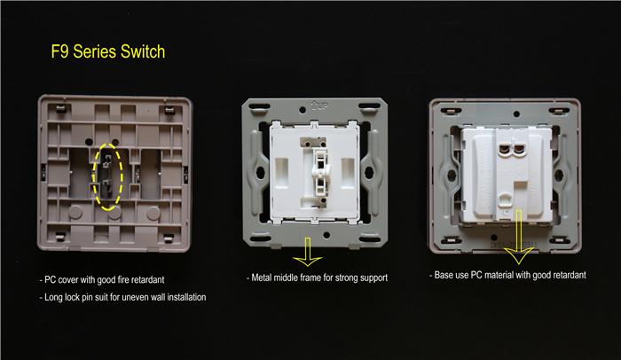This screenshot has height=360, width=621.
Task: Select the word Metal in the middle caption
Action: (268, 278)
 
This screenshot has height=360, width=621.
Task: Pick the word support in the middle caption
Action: (370, 278)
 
